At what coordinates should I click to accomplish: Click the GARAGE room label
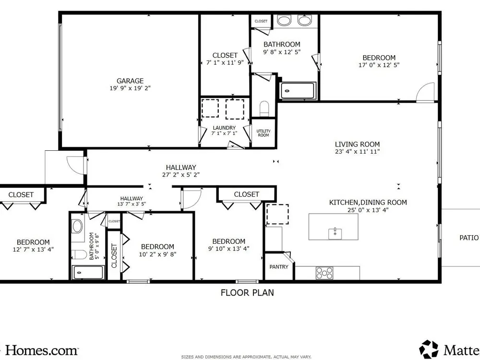(130, 81)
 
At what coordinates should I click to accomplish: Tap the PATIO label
(469, 238)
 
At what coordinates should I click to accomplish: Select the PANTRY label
(278, 266)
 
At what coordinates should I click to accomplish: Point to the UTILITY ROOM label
(263, 133)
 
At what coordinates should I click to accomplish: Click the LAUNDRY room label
(224, 128)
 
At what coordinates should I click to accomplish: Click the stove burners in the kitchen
(324, 273)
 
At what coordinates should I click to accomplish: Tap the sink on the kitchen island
(335, 233)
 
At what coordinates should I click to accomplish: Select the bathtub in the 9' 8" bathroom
(298, 91)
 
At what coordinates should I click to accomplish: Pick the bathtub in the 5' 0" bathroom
(88, 272)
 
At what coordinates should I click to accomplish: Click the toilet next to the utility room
(264, 108)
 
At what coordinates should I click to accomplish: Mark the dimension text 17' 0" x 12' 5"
(379, 65)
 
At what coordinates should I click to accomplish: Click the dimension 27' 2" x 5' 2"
(181, 175)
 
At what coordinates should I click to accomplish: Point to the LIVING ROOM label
(357, 144)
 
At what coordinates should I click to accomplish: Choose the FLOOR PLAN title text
(247, 293)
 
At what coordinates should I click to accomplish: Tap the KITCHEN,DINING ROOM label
(368, 203)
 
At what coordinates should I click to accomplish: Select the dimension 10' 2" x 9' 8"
(157, 254)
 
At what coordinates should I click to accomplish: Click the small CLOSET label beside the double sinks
(261, 21)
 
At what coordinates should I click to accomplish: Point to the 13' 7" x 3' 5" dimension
(132, 204)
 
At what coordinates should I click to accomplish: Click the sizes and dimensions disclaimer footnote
(246, 357)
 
